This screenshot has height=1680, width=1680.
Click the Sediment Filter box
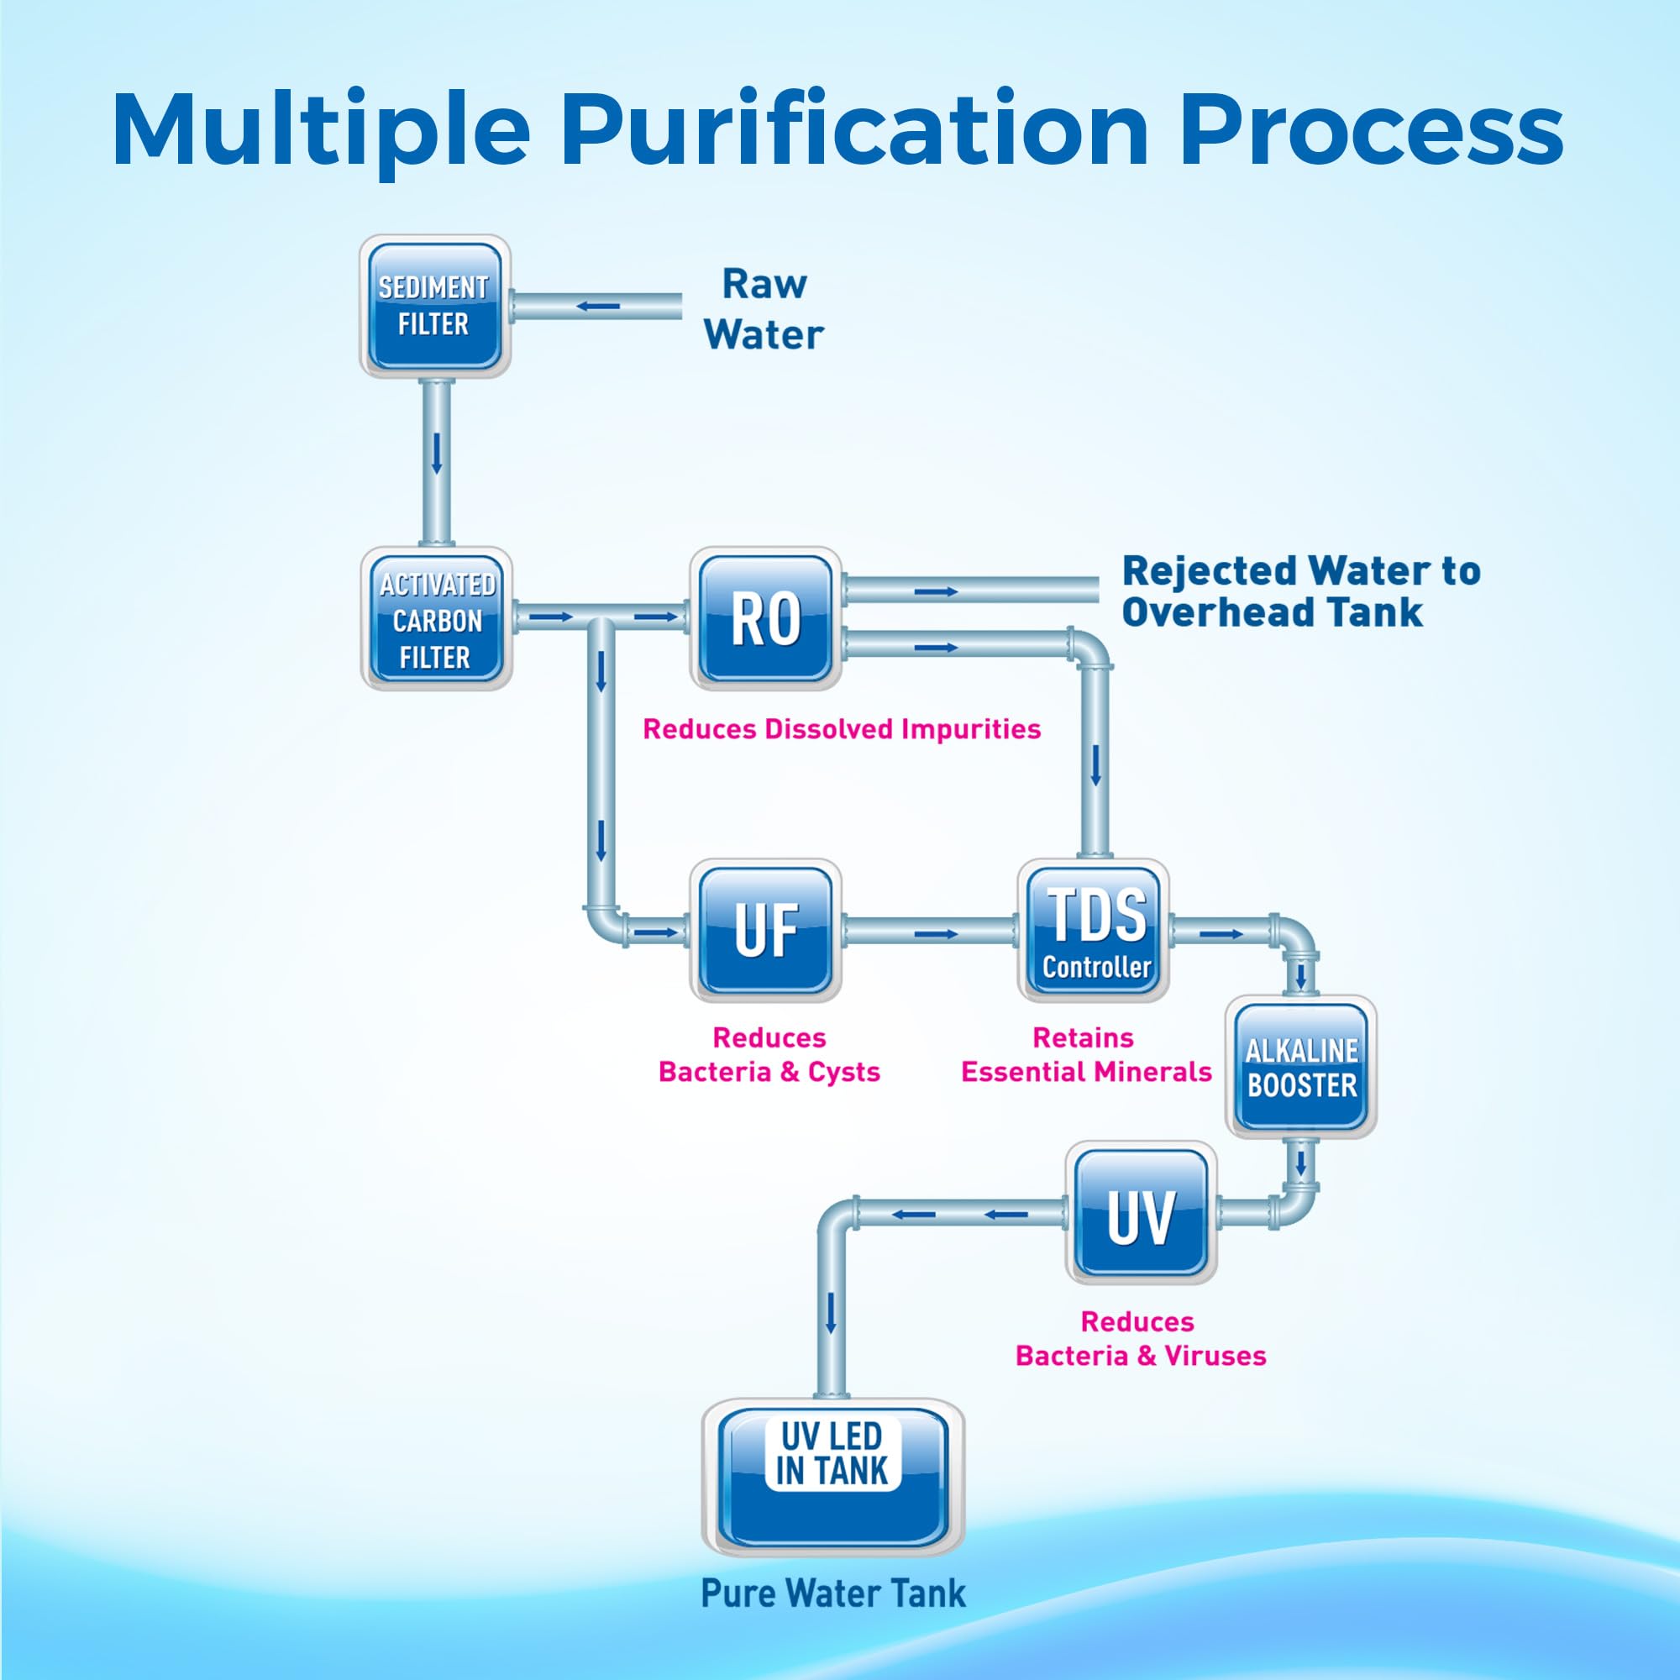(435, 306)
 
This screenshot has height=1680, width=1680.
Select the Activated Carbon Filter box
(436, 618)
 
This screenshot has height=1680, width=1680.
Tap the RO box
(765, 618)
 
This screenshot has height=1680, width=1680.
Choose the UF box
(765, 930)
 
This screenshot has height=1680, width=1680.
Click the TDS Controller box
(1093, 930)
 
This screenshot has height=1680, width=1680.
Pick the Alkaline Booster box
(1301, 1067)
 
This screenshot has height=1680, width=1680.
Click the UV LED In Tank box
(832, 1478)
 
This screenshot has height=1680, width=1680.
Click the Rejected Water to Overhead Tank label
(1301, 591)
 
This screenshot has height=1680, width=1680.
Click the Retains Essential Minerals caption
(1086, 1055)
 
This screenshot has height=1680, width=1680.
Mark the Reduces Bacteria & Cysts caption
(769, 1055)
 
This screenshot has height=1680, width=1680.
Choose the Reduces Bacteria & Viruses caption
(1141, 1339)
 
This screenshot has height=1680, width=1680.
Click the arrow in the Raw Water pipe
(598, 306)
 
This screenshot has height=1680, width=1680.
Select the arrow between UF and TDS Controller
(936, 934)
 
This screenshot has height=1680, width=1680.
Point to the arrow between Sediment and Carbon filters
(437, 452)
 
